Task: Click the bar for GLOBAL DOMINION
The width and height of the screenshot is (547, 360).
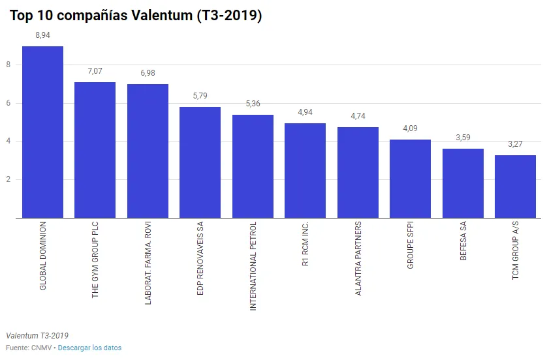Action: pos(42,132)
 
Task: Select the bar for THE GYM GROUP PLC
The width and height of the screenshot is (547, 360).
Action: pos(95,150)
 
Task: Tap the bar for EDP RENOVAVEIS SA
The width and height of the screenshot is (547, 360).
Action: pos(200,162)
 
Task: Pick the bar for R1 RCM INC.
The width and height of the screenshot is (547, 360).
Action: pos(305,170)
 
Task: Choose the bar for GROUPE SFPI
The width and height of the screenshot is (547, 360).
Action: pos(411,179)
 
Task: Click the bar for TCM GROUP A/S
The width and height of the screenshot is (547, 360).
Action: pos(516,187)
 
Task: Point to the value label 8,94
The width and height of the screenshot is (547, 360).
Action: pos(42,35)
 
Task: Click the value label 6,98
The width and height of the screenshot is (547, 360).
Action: pos(148,73)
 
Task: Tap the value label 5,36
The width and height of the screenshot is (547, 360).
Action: pos(253,104)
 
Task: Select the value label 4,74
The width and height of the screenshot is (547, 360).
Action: pos(358,116)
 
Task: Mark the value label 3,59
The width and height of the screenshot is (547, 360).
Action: pos(463,138)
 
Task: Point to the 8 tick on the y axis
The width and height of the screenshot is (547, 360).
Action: pos(8,65)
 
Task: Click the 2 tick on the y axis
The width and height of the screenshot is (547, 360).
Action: pos(8,179)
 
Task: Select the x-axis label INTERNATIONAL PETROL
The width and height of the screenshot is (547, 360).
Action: pos(253,266)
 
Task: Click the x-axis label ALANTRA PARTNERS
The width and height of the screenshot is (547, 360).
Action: pos(358,259)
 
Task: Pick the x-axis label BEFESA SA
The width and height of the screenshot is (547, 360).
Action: pos(463,241)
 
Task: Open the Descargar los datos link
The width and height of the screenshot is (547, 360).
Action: pos(89,348)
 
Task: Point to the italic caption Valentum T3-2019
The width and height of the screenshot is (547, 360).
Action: pos(37,336)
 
